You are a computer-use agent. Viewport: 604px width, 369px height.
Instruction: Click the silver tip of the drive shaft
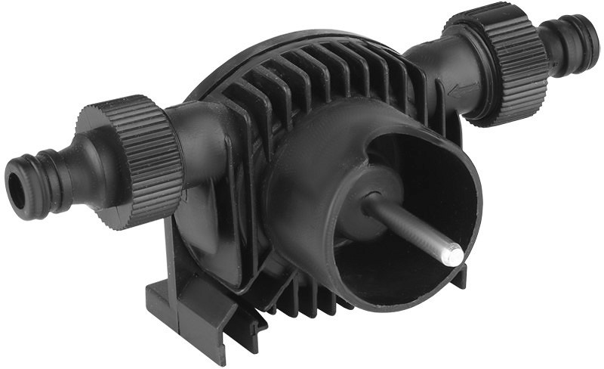click(451, 254)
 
